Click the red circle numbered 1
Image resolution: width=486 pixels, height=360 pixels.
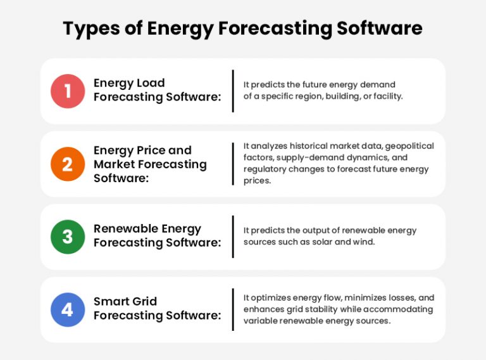coord(67,91)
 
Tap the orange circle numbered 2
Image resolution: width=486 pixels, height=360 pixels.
coord(67,164)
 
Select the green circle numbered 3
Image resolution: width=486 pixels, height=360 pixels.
coord(67,237)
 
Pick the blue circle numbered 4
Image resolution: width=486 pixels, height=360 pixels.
coord(67,309)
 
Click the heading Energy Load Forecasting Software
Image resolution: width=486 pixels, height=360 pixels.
coord(157,90)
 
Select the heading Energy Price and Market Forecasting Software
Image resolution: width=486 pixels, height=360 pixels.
coord(150,164)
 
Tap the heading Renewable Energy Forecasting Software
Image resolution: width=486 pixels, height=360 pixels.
coord(157,236)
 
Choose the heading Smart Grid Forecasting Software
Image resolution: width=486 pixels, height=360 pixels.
coord(157,309)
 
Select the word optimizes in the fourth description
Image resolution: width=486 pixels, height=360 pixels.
coord(270,298)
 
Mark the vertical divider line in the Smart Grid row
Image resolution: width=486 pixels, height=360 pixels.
coord(233,309)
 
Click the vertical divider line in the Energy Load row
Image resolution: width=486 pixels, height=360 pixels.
coord(233,91)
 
